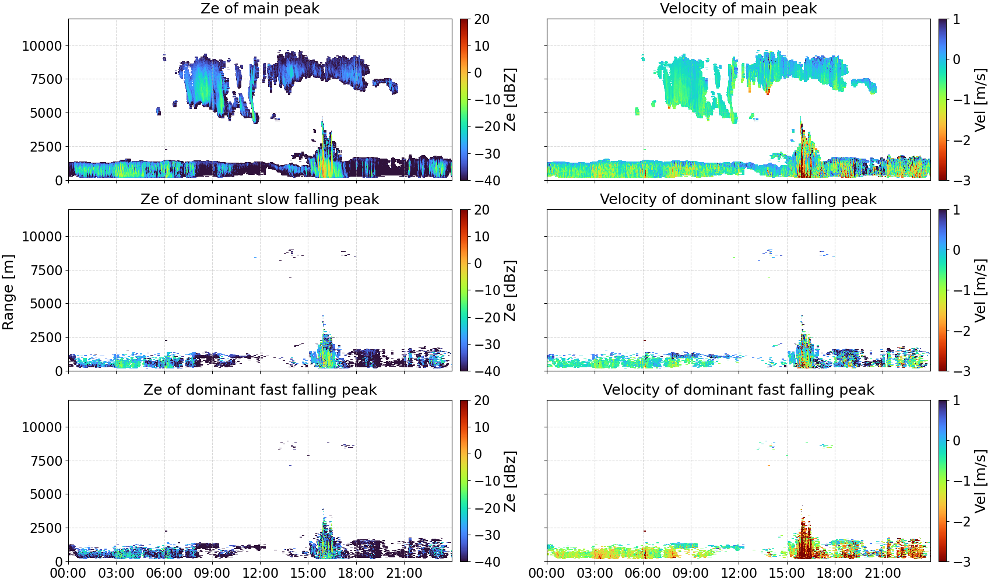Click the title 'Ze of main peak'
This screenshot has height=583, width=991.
pyautogui.click(x=259, y=8)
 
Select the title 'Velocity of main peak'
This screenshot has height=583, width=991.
pyautogui.click(x=739, y=8)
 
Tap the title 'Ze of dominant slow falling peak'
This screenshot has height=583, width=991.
pyautogui.click(x=259, y=199)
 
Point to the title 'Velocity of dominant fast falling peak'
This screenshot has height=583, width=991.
pyautogui.click(x=739, y=389)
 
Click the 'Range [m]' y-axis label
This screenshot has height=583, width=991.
pyautogui.click(x=8, y=292)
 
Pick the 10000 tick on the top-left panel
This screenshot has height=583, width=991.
pyautogui.click(x=42, y=46)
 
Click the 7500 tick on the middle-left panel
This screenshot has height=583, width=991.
pyautogui.click(x=46, y=271)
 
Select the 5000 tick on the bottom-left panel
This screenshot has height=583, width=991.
pyautogui.click(x=46, y=494)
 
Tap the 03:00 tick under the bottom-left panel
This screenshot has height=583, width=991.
pyautogui.click(x=117, y=573)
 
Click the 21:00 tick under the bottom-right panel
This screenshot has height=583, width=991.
pyautogui.click(x=883, y=573)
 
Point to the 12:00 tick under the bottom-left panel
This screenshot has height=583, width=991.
pyautogui.click(x=260, y=573)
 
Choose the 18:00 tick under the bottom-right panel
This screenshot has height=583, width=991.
pyautogui.click(x=835, y=573)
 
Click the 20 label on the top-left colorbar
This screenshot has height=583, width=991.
pyautogui.click(x=482, y=19)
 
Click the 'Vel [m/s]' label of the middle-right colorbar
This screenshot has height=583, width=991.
pyautogui.click(x=981, y=290)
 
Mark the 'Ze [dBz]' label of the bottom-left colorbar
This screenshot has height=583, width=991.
pyautogui.click(x=510, y=481)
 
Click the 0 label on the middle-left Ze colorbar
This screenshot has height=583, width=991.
pyautogui.click(x=478, y=264)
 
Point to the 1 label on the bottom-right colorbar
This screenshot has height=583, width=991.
pyautogui.click(x=956, y=401)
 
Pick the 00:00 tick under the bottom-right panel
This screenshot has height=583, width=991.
pyautogui.click(x=547, y=573)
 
